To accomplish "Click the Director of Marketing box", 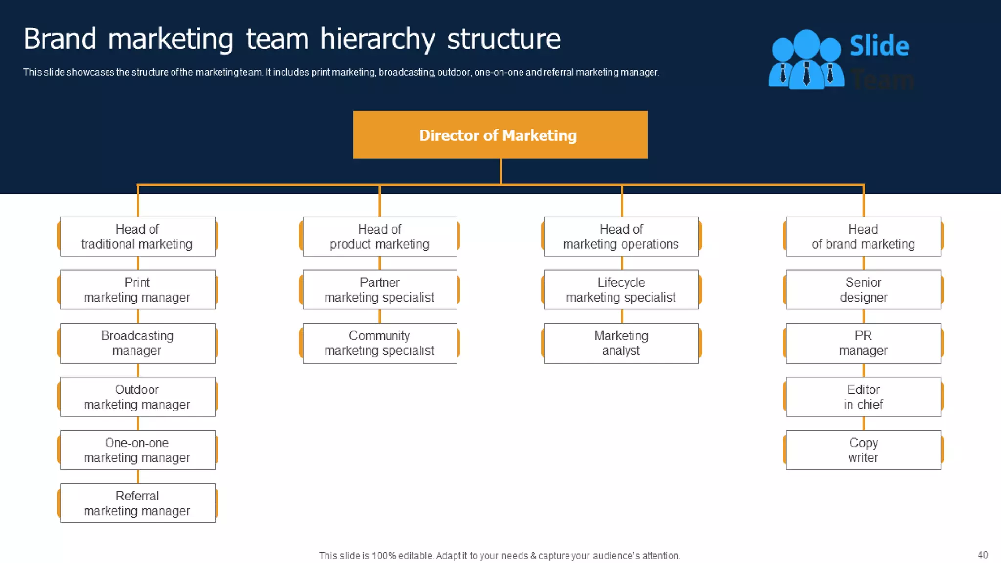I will point(500,135).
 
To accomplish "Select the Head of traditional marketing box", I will point(137,237).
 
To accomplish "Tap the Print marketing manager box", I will point(137,290).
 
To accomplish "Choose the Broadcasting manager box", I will point(137,343).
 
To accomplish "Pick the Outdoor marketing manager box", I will point(137,397).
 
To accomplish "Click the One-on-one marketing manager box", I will point(137,450).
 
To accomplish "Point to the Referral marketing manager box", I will point(137,503).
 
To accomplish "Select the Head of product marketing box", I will point(380,237).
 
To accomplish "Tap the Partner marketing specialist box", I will point(380,290).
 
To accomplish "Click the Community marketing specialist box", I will point(380,343).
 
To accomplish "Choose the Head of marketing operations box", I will point(621,237).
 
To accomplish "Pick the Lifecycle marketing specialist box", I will point(621,290).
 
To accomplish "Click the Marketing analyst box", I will point(621,343).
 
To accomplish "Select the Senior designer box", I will point(863,290).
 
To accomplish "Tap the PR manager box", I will point(863,343).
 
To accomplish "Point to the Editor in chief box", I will point(863,397).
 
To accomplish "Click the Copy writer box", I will point(863,450).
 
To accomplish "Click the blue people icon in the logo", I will point(806,60).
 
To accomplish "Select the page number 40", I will point(982,555).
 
